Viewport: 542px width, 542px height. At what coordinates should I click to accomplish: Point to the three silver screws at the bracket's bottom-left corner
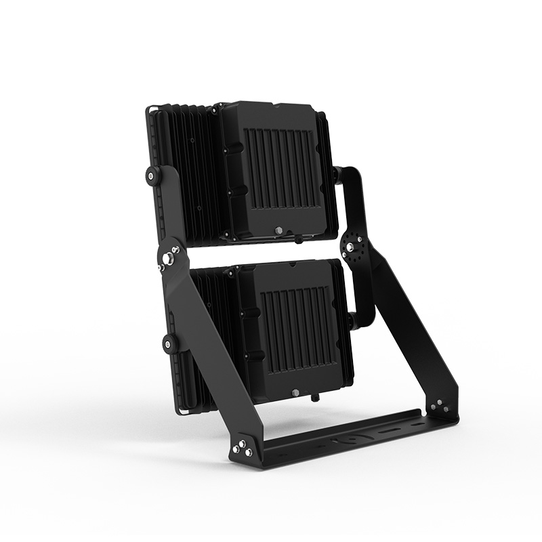coord(242,449)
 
